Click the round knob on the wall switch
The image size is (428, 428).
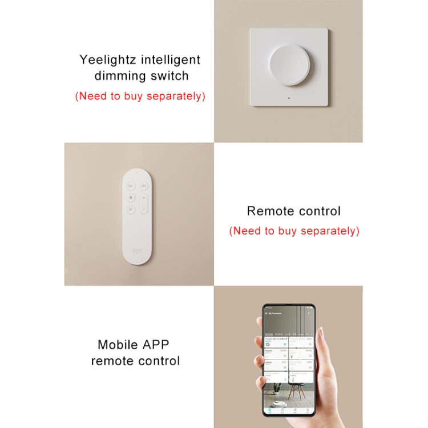(288, 66)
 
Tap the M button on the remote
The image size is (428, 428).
(131, 209)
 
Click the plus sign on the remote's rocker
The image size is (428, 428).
(144, 198)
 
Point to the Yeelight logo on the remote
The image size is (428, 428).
(136, 249)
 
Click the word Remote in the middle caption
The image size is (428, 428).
(269, 211)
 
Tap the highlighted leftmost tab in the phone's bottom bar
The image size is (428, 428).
(270, 410)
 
